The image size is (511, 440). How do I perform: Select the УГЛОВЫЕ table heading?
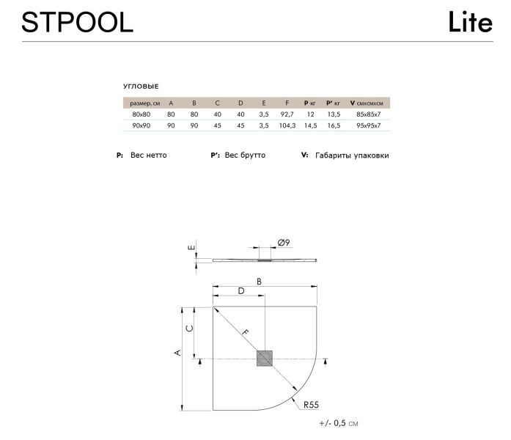pos(141,87)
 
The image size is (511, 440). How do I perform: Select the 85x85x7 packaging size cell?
pos(368,115)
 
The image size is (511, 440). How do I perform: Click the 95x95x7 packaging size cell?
pos(368,126)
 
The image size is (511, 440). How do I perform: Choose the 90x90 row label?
pos(141,126)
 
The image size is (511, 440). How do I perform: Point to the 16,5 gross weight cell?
pos(334,126)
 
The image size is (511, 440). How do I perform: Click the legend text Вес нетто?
pos(148,155)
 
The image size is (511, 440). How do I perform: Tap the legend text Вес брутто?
pos(245,155)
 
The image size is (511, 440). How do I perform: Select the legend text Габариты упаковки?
pos(351,155)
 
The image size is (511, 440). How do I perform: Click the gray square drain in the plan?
pos(265,359)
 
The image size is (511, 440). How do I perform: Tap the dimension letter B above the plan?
pos(260,281)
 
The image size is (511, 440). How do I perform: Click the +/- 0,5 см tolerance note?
pos(339,424)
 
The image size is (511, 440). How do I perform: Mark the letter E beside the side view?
pos(191,249)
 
